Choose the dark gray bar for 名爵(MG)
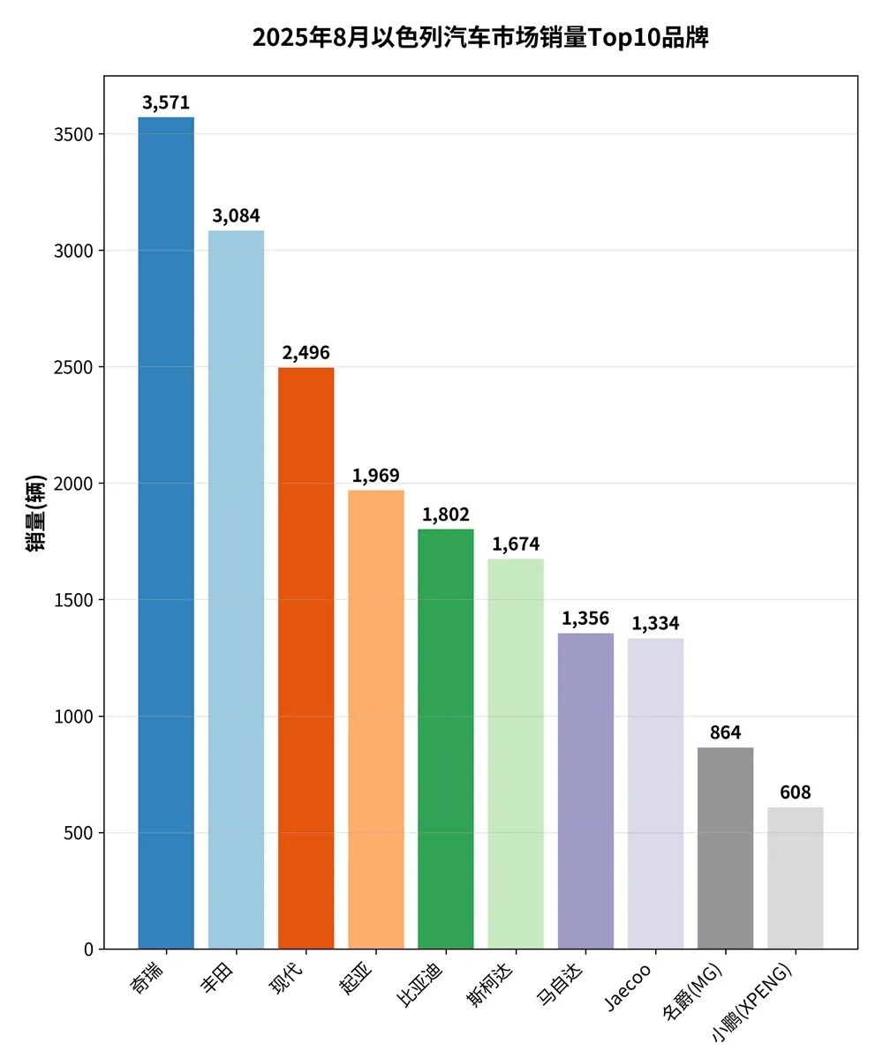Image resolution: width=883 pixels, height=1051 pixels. coord(725,848)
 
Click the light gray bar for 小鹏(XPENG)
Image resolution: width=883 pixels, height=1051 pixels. coord(795,878)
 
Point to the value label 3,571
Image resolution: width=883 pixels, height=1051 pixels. coord(166,103)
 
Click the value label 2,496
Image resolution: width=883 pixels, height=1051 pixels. coord(306,353)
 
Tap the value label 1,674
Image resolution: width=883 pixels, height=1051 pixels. coord(516,544)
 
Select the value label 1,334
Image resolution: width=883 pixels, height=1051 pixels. coord(655,624)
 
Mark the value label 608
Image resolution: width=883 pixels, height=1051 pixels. coord(795,792)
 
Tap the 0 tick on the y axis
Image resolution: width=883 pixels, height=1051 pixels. coord(88,950)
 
